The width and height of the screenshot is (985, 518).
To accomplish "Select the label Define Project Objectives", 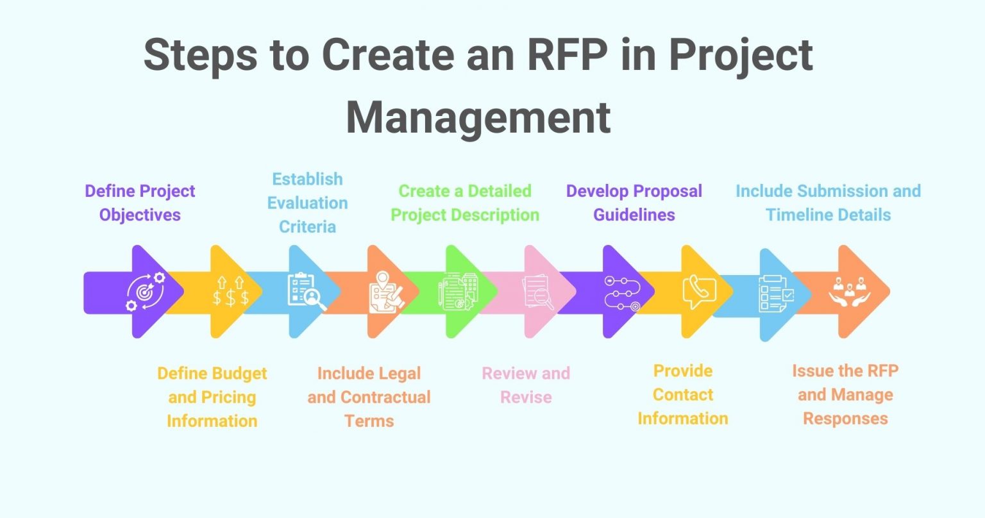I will (x=140, y=203).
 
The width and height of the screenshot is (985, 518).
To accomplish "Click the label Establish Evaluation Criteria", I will (x=307, y=203).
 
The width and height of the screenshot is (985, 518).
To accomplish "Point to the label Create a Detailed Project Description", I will (x=465, y=203).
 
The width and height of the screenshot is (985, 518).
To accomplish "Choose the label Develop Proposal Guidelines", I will (x=634, y=203).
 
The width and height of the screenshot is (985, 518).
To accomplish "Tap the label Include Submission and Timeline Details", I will (x=828, y=203).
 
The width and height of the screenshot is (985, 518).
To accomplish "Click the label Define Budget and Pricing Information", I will (x=212, y=397).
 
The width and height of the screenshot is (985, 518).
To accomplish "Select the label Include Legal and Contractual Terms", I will (x=369, y=397).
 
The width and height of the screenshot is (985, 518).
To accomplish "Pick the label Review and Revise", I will (x=526, y=385).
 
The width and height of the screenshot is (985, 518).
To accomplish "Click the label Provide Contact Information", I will (x=682, y=394).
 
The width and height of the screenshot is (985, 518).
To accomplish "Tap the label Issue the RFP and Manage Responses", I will (x=845, y=394).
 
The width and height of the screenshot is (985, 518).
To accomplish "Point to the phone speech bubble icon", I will (x=698, y=292).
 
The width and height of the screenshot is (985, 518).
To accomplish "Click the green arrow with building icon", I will (x=459, y=292).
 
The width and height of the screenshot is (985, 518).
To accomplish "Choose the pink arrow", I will (x=539, y=292).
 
